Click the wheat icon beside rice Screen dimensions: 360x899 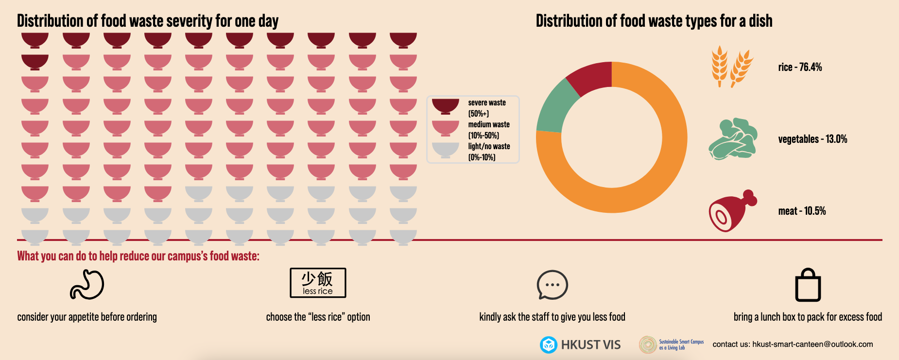pos(731,67)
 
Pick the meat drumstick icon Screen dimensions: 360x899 pos(732,211)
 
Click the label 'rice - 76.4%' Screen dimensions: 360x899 pos(800,67)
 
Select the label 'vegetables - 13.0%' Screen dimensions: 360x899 pos(813,139)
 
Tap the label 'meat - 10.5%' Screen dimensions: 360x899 pos(802,211)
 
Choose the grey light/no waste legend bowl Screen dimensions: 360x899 pos(445,150)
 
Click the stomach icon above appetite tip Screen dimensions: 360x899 pos(87,285)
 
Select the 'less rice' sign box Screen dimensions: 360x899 pos(318,283)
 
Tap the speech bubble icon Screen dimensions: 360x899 pos(552,285)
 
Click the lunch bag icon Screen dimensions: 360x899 pos(808,286)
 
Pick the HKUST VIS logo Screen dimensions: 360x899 pos(580,344)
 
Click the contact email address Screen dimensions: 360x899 pos(813,344)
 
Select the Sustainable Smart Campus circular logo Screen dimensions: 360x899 pos(648,344)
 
